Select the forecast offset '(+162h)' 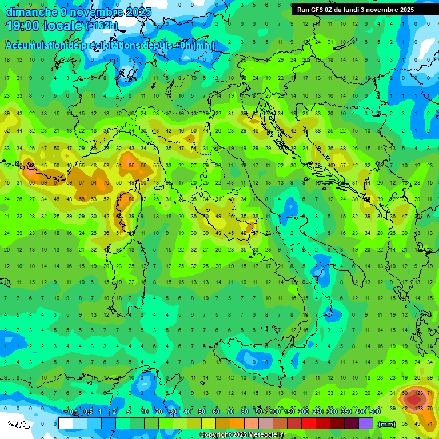tap(101, 26)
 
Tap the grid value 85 tap(131, 166)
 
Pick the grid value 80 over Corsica tap(131, 199)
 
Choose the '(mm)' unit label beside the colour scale tap(387, 424)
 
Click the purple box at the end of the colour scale tap(366, 424)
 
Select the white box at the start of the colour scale tap(66, 424)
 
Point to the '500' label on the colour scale tap(374, 412)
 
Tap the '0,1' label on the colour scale tap(73, 412)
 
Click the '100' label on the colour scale tap(274, 412)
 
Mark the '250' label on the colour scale tap(317, 412)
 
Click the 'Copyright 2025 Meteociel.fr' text tap(242, 434)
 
